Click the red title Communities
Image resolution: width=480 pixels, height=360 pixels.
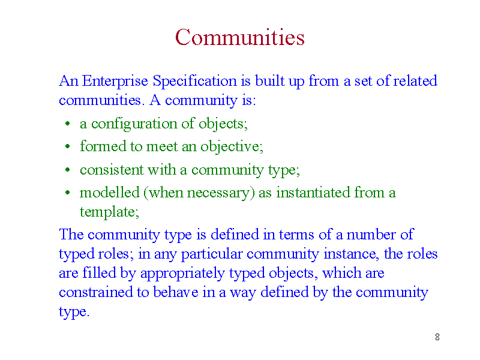[239, 37]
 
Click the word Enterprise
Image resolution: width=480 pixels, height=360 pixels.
[115, 82]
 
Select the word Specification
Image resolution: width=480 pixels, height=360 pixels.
[194, 82]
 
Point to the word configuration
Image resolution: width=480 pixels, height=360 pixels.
[134, 124]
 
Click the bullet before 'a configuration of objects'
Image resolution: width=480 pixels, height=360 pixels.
[68, 124]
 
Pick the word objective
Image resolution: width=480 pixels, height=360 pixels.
[232, 146]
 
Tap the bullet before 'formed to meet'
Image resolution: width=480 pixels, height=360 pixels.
[68, 146]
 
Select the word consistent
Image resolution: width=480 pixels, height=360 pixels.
[112, 170]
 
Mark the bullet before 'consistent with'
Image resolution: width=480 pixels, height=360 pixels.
[68, 170]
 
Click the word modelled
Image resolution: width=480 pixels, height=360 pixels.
[110, 193]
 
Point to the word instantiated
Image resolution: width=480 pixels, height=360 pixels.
[313, 193]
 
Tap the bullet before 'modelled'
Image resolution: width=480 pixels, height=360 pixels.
[68, 193]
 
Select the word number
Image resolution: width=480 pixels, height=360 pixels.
[371, 235]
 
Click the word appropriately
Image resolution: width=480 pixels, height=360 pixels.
[182, 274]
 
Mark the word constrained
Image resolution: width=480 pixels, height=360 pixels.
[96, 292]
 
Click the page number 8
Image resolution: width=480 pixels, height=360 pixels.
[437, 337]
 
